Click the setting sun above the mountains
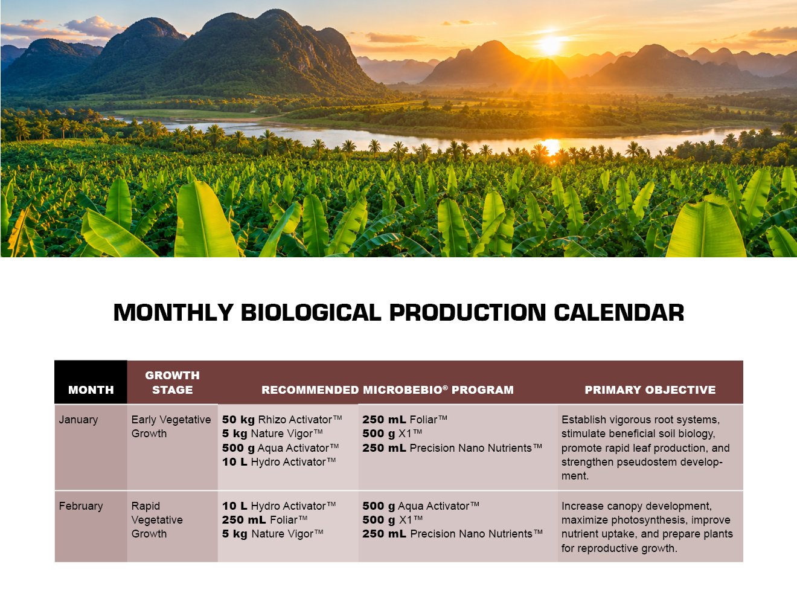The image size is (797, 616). tap(550, 45)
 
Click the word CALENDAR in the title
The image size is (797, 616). tap(619, 313)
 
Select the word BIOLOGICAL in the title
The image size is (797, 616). tap(311, 313)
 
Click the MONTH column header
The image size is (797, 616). tap(91, 390)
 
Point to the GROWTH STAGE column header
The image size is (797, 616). tap(173, 382)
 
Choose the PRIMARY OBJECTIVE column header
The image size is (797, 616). tap(650, 390)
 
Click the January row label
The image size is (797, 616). tap(78, 419)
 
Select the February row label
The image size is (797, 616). tap(81, 506)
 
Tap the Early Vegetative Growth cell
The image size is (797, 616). tap(171, 426)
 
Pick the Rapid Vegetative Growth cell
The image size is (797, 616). tap(157, 520)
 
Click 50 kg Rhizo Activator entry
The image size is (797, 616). tap(282, 419)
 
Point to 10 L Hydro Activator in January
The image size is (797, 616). tap(279, 462)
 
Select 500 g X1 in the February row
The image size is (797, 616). tap(392, 520)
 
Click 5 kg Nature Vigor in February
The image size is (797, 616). tap(272, 534)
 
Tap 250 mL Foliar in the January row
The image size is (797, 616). tap(405, 419)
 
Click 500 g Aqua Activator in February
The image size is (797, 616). tap(421, 506)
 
